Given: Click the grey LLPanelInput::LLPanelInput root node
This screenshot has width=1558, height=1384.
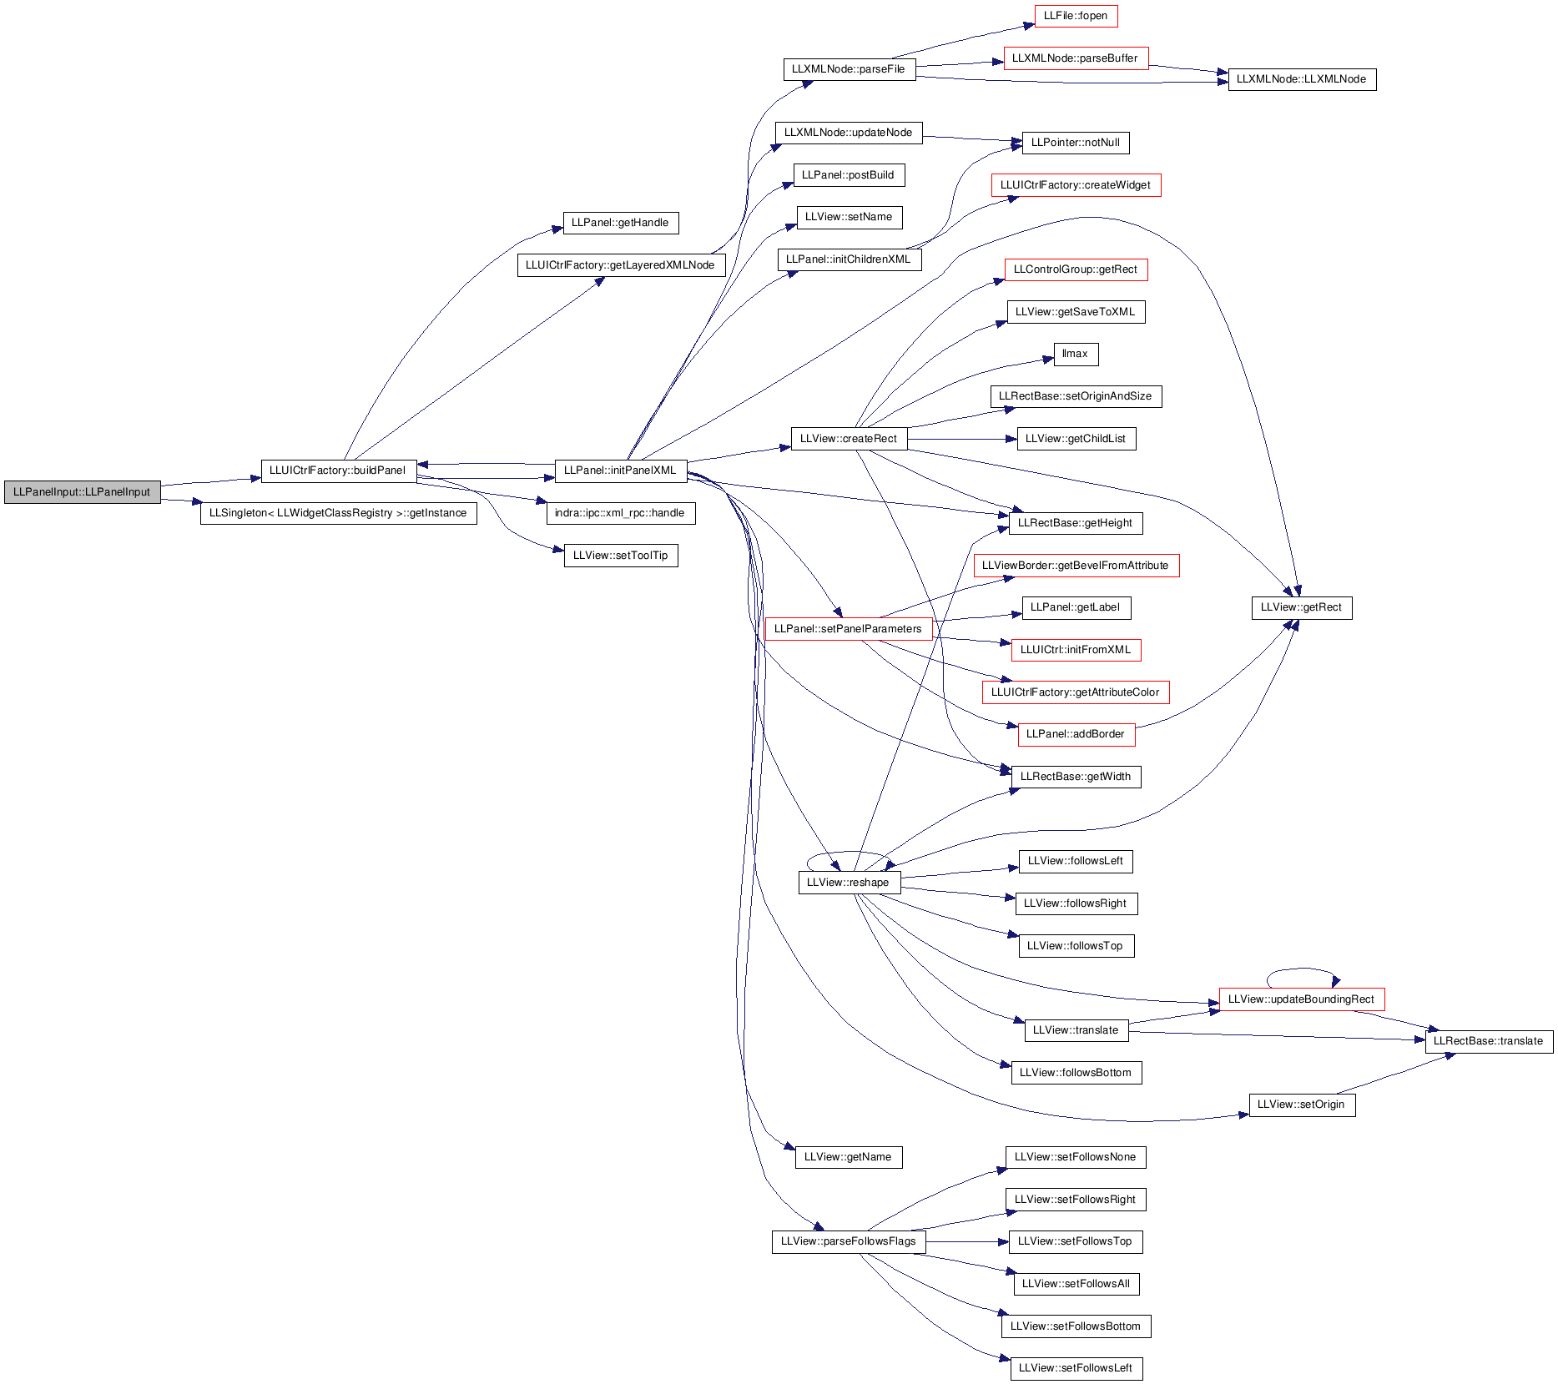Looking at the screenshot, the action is [x=82, y=492].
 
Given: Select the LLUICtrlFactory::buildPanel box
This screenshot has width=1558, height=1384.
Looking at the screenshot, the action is [x=338, y=471].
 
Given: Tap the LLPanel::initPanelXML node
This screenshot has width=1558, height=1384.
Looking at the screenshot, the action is [x=620, y=471].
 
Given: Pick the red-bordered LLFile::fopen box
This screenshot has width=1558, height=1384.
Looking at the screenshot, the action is [x=1076, y=16].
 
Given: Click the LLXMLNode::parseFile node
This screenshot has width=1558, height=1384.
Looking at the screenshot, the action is [x=849, y=69].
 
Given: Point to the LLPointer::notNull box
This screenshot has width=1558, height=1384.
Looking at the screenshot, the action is [x=1076, y=143].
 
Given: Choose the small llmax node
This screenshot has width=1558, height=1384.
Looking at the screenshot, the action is [x=1076, y=354].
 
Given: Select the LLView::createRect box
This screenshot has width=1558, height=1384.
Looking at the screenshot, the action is [x=849, y=439].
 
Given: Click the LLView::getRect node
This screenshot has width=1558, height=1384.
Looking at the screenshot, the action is [x=1302, y=607].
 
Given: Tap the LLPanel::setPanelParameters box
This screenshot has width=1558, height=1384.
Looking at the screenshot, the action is [x=849, y=629].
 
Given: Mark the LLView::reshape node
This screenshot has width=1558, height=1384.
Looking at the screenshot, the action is [x=849, y=883].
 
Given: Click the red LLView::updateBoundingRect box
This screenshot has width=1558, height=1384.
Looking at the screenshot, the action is [x=1302, y=999].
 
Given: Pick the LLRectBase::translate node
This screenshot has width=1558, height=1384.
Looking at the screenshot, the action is [x=1489, y=1041].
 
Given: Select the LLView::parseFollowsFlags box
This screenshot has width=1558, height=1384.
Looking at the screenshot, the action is [x=849, y=1241].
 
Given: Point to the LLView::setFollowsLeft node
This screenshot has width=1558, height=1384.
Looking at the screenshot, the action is [x=1076, y=1368].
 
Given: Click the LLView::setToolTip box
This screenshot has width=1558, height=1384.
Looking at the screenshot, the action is [x=621, y=556].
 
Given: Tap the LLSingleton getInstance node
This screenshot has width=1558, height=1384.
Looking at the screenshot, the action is [x=338, y=513].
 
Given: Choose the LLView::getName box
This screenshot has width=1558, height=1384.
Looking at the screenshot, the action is [x=849, y=1157].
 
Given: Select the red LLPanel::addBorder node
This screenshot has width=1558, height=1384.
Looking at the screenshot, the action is [x=1076, y=734].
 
